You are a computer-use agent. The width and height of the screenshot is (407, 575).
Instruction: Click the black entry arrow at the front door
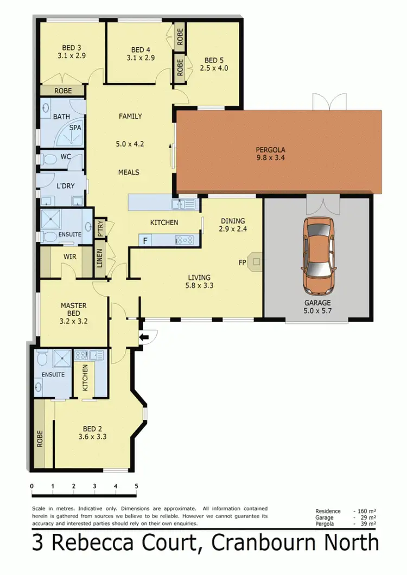click(x=143, y=338)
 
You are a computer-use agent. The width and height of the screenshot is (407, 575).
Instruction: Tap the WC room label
click(x=66, y=157)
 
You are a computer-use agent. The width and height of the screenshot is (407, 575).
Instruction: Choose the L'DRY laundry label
click(x=65, y=186)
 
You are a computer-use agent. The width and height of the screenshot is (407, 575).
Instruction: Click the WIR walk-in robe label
click(x=69, y=257)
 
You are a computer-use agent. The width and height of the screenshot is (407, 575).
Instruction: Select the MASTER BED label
click(x=73, y=309)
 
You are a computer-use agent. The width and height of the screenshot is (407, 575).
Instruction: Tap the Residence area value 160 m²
click(x=365, y=511)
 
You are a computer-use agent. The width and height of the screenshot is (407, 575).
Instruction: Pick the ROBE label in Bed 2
click(x=40, y=438)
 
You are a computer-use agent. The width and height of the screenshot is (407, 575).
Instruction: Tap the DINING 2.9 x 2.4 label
click(x=233, y=225)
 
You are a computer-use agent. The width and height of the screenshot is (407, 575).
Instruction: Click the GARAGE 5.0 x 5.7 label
click(x=317, y=307)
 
